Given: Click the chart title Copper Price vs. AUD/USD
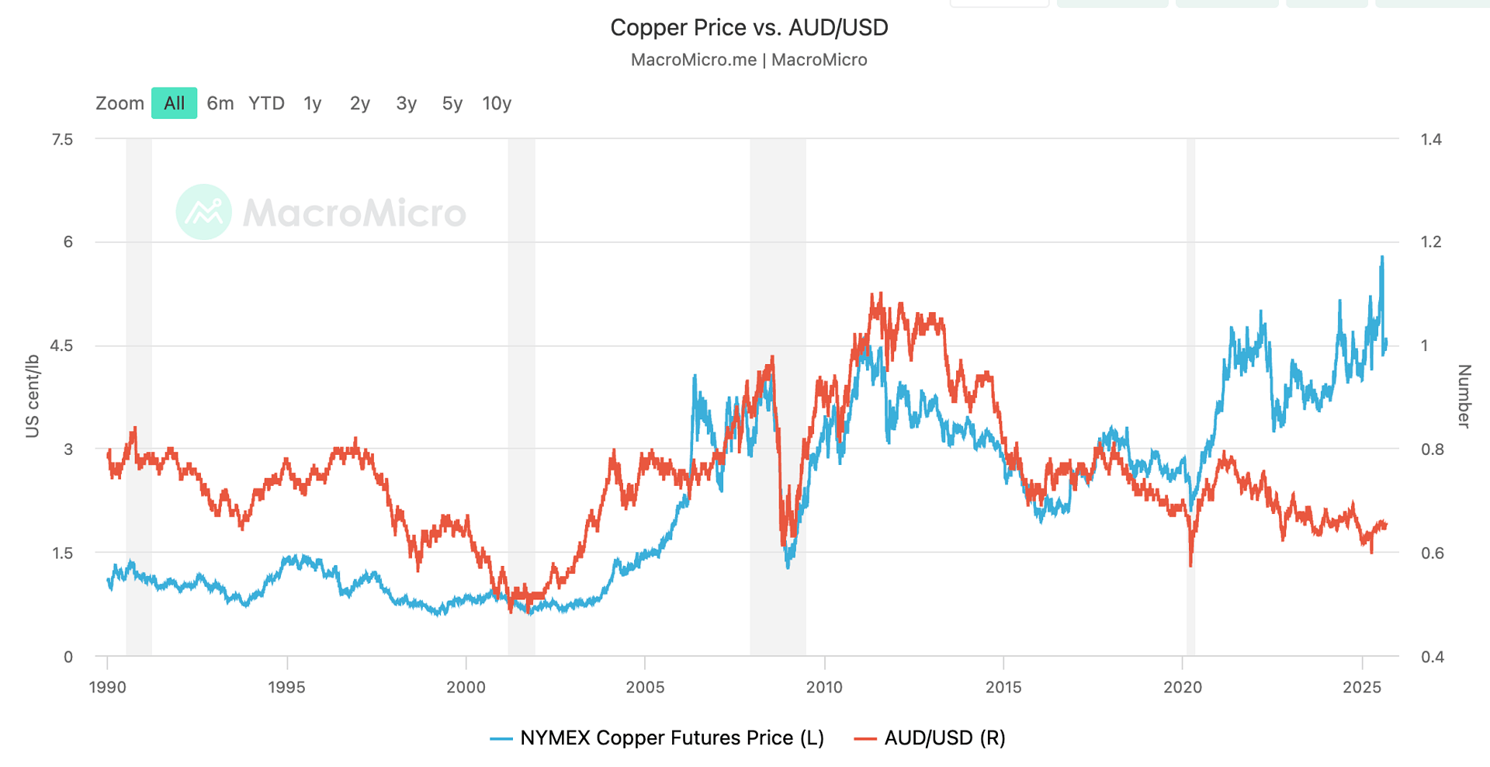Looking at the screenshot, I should pos(749,28).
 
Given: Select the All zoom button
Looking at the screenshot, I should pos(174,103).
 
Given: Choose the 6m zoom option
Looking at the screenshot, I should pos(220,103).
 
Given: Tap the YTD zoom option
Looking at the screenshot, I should pos(266,103).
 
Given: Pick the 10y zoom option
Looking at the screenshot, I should pos(497,103).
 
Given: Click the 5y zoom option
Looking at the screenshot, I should pos(452,103).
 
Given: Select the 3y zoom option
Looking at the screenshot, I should pos(407,103).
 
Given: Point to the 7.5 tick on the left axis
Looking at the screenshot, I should pos(62,140).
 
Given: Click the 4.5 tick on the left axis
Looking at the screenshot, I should pos(62,346).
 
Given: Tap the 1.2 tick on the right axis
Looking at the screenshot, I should pos(1431,242).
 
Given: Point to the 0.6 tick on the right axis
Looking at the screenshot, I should pos(1432,553).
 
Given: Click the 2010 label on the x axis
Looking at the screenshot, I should pos(824,687).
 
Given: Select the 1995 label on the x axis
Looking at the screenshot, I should pos(286,687).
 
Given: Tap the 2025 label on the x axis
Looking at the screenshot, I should pos(1362,687).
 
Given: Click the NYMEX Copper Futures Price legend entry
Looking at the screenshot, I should pos(657,737).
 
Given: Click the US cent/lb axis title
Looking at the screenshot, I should pos(33,396).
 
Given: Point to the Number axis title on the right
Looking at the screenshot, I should pos(1464,396).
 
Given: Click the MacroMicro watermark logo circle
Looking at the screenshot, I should pos(204,212).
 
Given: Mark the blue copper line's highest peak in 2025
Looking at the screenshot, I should pos(1382,257).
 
